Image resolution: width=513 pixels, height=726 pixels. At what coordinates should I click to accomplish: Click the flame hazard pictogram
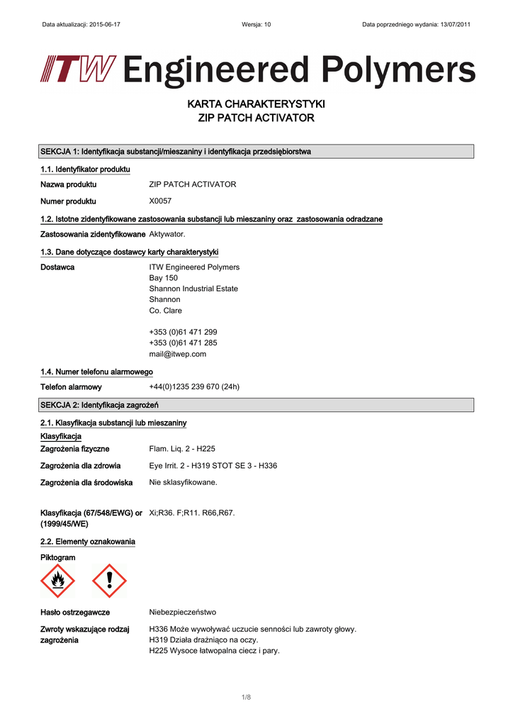[x=57, y=581]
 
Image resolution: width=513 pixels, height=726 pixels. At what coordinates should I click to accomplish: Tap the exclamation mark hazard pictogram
[x=109, y=581]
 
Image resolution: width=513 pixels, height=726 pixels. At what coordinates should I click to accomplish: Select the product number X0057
[x=160, y=201]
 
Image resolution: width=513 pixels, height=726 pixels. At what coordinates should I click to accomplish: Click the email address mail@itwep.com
[x=177, y=354]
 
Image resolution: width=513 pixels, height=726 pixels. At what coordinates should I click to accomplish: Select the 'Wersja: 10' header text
[x=256, y=24]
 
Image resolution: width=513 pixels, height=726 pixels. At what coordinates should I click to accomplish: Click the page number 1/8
[x=246, y=698]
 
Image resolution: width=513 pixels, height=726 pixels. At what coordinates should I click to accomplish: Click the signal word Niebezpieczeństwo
[x=182, y=612]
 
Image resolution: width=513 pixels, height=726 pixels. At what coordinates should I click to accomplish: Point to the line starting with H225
[x=214, y=650]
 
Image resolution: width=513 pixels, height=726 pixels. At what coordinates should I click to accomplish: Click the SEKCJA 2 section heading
[x=99, y=405]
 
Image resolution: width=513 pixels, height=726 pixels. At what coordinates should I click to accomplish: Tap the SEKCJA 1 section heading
[x=176, y=152]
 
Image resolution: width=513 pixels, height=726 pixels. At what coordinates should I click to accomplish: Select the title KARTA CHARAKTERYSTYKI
[x=256, y=104]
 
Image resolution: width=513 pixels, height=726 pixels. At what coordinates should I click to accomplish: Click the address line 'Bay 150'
[x=163, y=278]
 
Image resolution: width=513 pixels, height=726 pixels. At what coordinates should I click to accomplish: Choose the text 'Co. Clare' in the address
[x=165, y=311]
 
